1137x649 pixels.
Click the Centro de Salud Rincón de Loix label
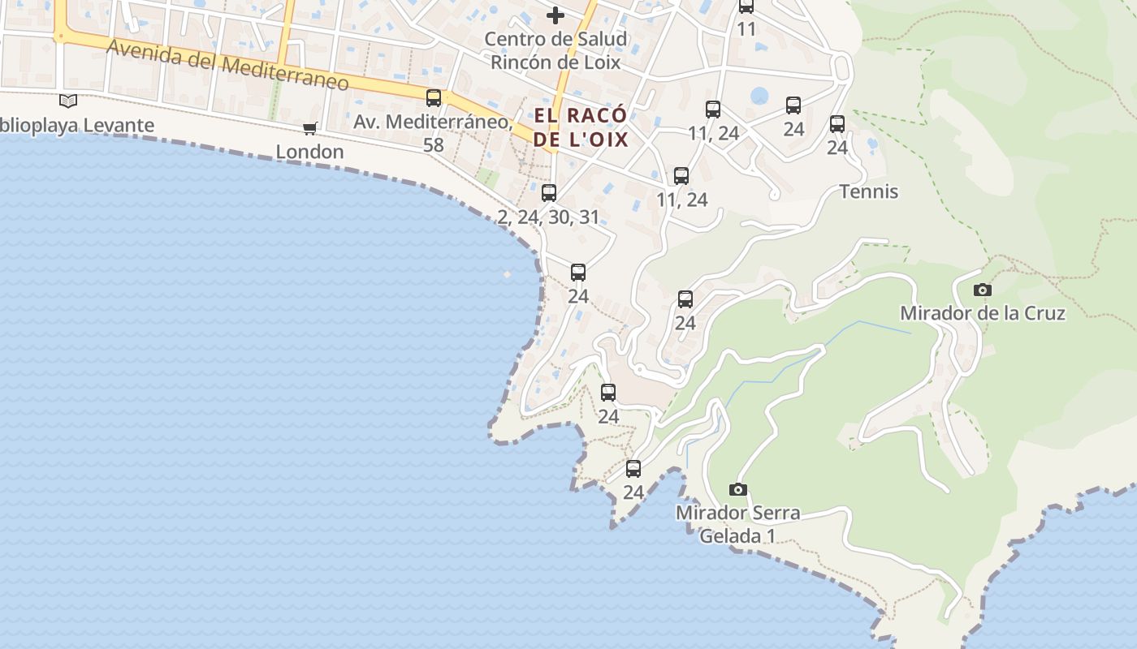pos(556,50)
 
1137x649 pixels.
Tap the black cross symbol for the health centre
pos(556,15)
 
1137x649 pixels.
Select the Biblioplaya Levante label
pos(77,126)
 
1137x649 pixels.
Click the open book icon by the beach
pos(69,101)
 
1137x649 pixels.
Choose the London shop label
pos(309,152)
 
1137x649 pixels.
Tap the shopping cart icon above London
pos(309,128)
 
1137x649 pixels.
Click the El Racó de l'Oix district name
pos(581,127)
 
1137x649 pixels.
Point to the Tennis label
pos(868,191)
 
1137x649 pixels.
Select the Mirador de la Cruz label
pos(982,313)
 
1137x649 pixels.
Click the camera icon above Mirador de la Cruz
pos(982,290)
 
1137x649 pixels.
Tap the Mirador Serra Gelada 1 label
pos(737,524)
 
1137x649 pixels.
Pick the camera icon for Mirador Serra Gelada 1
pos(737,489)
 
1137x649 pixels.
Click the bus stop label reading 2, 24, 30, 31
pos(548,217)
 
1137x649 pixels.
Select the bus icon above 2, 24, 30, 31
pos(549,193)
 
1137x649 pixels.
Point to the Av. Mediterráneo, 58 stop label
pos(434,133)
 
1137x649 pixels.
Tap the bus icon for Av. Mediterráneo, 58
pos(434,98)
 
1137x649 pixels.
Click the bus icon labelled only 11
pos(746,6)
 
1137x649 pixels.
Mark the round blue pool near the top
pos(759,97)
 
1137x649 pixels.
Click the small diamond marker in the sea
pos(508,274)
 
